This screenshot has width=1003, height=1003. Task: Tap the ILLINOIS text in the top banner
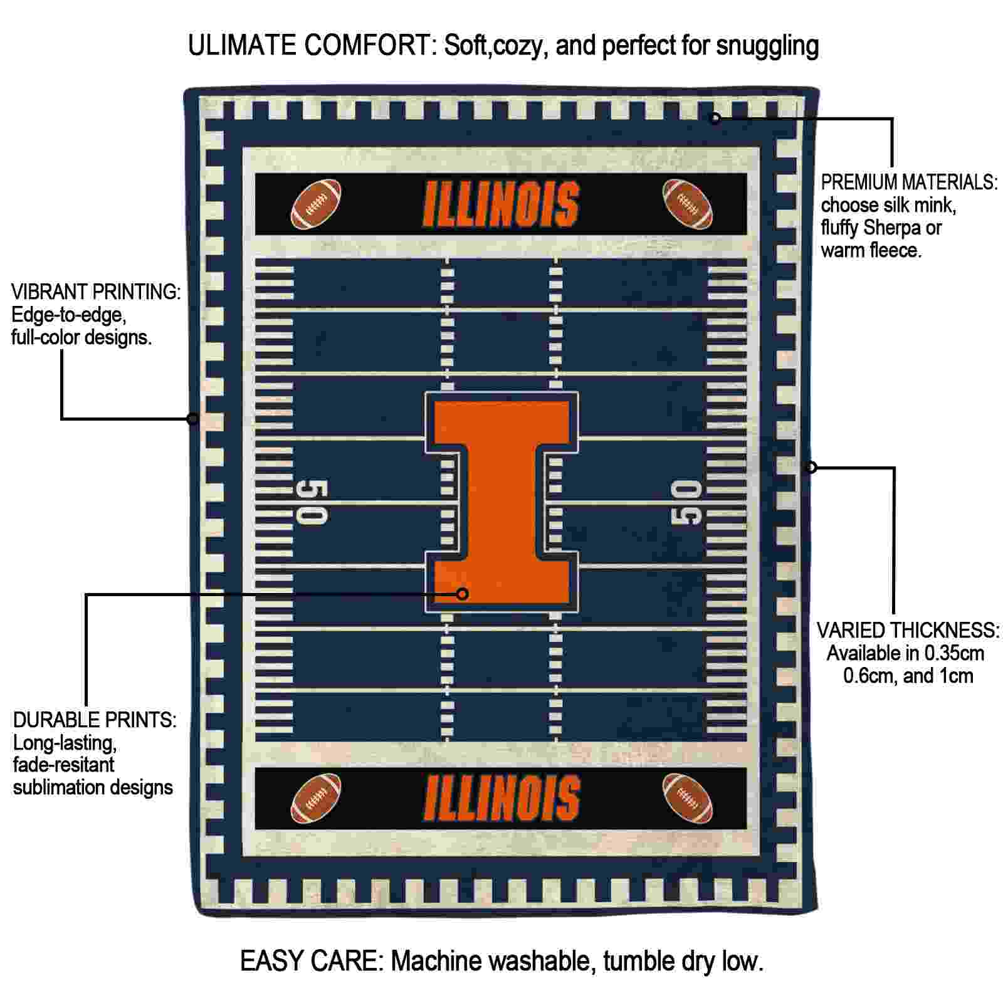(501, 204)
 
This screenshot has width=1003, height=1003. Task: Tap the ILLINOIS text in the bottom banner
(501, 798)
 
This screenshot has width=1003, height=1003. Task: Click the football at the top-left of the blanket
(317, 204)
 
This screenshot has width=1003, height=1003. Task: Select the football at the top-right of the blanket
(688, 204)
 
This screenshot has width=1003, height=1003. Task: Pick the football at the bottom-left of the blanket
(317, 798)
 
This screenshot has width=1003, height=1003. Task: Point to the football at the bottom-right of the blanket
(688, 798)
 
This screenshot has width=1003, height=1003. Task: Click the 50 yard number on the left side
(311, 502)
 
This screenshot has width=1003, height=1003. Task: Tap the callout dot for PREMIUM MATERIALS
(715, 118)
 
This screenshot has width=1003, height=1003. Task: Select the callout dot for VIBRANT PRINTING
(193, 419)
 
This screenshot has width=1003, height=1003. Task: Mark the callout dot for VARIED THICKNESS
(811, 467)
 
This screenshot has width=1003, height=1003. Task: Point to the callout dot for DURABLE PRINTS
(463, 594)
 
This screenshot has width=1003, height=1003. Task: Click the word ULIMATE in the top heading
(243, 46)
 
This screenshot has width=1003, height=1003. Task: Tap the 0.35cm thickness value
(945, 653)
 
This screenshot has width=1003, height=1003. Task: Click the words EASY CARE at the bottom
(311, 961)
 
